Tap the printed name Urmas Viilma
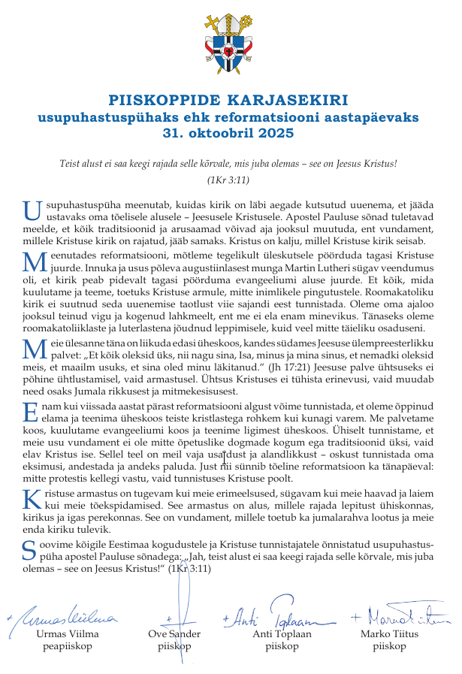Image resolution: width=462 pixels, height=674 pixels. pyautogui.click(x=67, y=633)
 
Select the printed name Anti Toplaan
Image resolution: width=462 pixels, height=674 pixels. pyautogui.click(x=284, y=633)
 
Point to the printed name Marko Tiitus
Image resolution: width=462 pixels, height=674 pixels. pyautogui.click(x=389, y=633)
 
